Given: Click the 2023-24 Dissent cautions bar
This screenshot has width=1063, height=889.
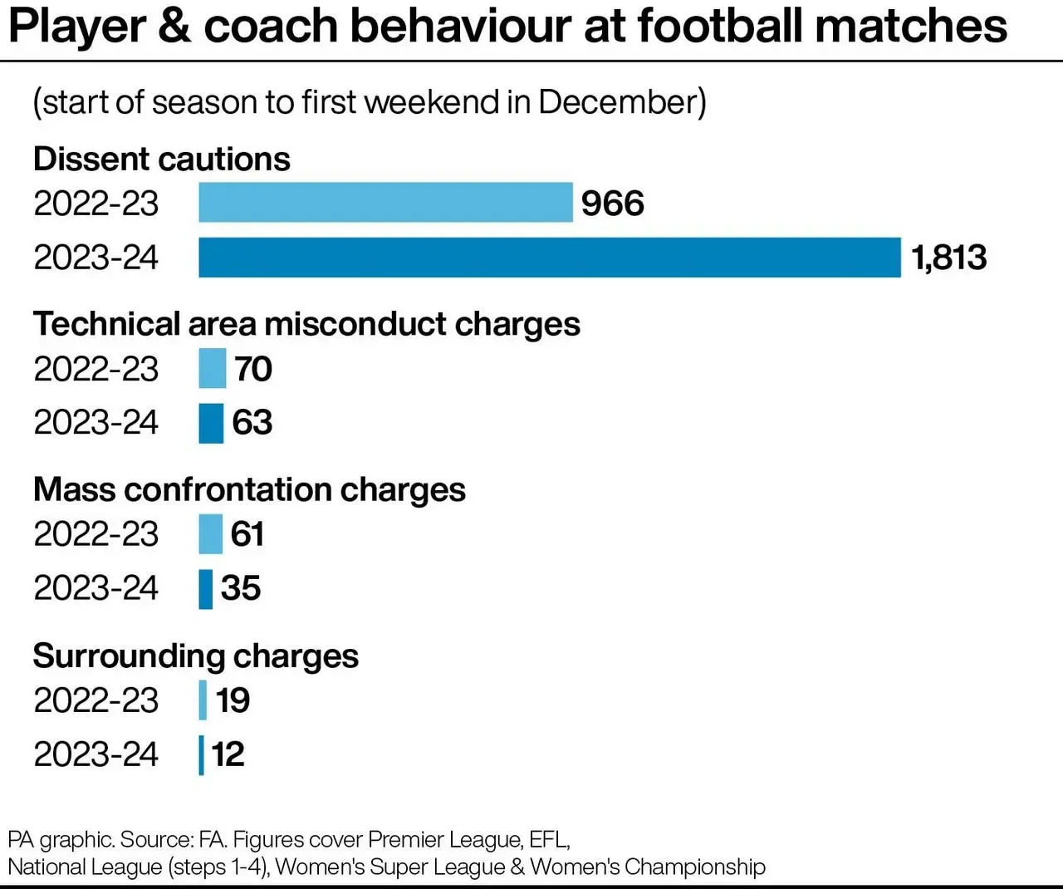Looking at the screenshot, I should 549,257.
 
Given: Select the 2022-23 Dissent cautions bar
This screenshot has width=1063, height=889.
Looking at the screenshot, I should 385,203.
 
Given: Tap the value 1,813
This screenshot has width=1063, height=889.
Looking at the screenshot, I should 948,257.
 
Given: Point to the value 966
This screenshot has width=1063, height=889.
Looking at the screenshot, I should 612,204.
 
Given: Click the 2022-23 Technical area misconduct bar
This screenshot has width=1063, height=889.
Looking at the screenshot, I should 212,368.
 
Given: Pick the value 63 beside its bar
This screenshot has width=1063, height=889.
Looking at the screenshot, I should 252,422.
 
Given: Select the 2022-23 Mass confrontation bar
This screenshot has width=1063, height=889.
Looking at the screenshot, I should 210,533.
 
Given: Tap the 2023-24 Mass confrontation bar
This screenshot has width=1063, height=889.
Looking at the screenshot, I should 205,588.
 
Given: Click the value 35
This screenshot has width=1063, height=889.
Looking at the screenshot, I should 241,588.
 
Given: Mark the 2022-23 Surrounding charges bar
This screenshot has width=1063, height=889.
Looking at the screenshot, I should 203,700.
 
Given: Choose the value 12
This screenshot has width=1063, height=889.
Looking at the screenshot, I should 228,754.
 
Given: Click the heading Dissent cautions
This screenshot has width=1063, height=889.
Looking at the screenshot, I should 162,159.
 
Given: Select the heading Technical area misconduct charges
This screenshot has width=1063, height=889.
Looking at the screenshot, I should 306,324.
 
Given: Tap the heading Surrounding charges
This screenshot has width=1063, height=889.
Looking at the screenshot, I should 196,656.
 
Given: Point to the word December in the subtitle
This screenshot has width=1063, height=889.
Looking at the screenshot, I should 617,102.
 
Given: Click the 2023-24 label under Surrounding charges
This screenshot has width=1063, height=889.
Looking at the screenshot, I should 96,754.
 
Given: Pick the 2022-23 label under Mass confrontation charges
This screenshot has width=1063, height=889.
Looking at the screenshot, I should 96,533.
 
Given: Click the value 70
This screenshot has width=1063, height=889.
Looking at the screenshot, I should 253,369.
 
